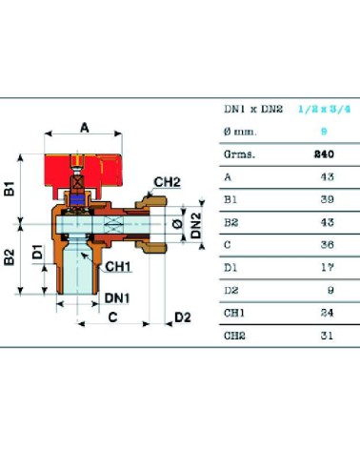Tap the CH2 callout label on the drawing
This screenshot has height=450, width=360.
(x=167, y=182)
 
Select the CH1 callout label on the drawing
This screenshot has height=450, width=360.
(x=118, y=267)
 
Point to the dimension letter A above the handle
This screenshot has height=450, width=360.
(x=85, y=128)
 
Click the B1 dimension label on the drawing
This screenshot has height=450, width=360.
(x=10, y=189)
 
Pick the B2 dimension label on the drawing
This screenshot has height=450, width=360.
(x=10, y=257)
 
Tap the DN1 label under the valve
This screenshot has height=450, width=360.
(x=117, y=298)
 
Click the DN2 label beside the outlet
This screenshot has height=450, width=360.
(x=197, y=225)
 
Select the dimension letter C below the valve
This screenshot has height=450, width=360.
(x=113, y=317)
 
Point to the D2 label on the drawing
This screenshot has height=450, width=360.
(x=183, y=317)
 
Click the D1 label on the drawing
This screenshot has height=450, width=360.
(x=38, y=252)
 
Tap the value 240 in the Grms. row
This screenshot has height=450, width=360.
(x=324, y=154)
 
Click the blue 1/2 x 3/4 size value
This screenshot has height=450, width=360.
(x=325, y=110)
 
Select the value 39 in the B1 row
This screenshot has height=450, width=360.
(x=328, y=199)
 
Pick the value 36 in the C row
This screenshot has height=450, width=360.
(x=328, y=245)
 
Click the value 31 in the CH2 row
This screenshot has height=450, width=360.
(x=327, y=336)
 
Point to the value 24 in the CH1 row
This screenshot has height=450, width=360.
(x=328, y=313)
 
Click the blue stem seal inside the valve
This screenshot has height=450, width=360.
(x=78, y=200)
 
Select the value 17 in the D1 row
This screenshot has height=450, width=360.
(x=328, y=268)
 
